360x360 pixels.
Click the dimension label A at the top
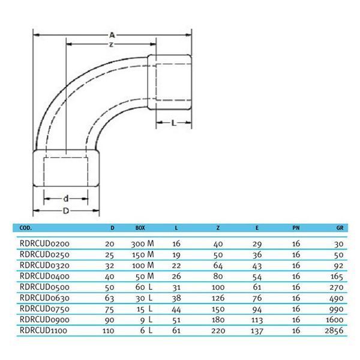tap(112, 35)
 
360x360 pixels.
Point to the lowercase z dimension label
tap(112, 44)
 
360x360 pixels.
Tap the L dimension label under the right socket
tap(174, 123)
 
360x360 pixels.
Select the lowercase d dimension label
tap(66, 199)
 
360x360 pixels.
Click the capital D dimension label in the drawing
tap(66, 211)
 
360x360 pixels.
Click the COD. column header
tap(26, 228)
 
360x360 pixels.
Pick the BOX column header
tap(140, 228)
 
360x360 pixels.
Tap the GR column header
tap(340, 228)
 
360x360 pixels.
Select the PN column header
tap(296, 228)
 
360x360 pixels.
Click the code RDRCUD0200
tap(44, 244)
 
